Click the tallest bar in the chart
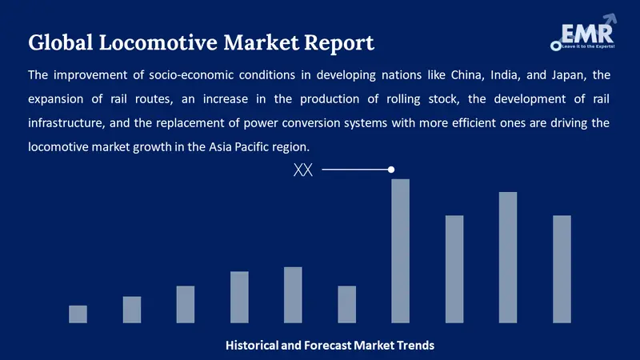pyautogui.click(x=400, y=250)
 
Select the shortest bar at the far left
pyautogui.click(x=78, y=314)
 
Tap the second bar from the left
pyautogui.click(x=132, y=310)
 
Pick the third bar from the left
pyautogui.click(x=186, y=304)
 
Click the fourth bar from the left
pyautogui.click(x=239, y=297)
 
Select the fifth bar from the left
pyautogui.click(x=293, y=294)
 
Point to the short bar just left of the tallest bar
pyautogui.click(x=346, y=304)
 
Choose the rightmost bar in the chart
pyautogui.click(x=562, y=269)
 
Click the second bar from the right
pyautogui.click(x=508, y=257)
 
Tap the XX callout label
pyautogui.click(x=303, y=170)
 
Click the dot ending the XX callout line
pyautogui.click(x=391, y=170)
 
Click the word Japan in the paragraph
pyautogui.click(x=559, y=76)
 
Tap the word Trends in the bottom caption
pyautogui.click(x=415, y=346)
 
